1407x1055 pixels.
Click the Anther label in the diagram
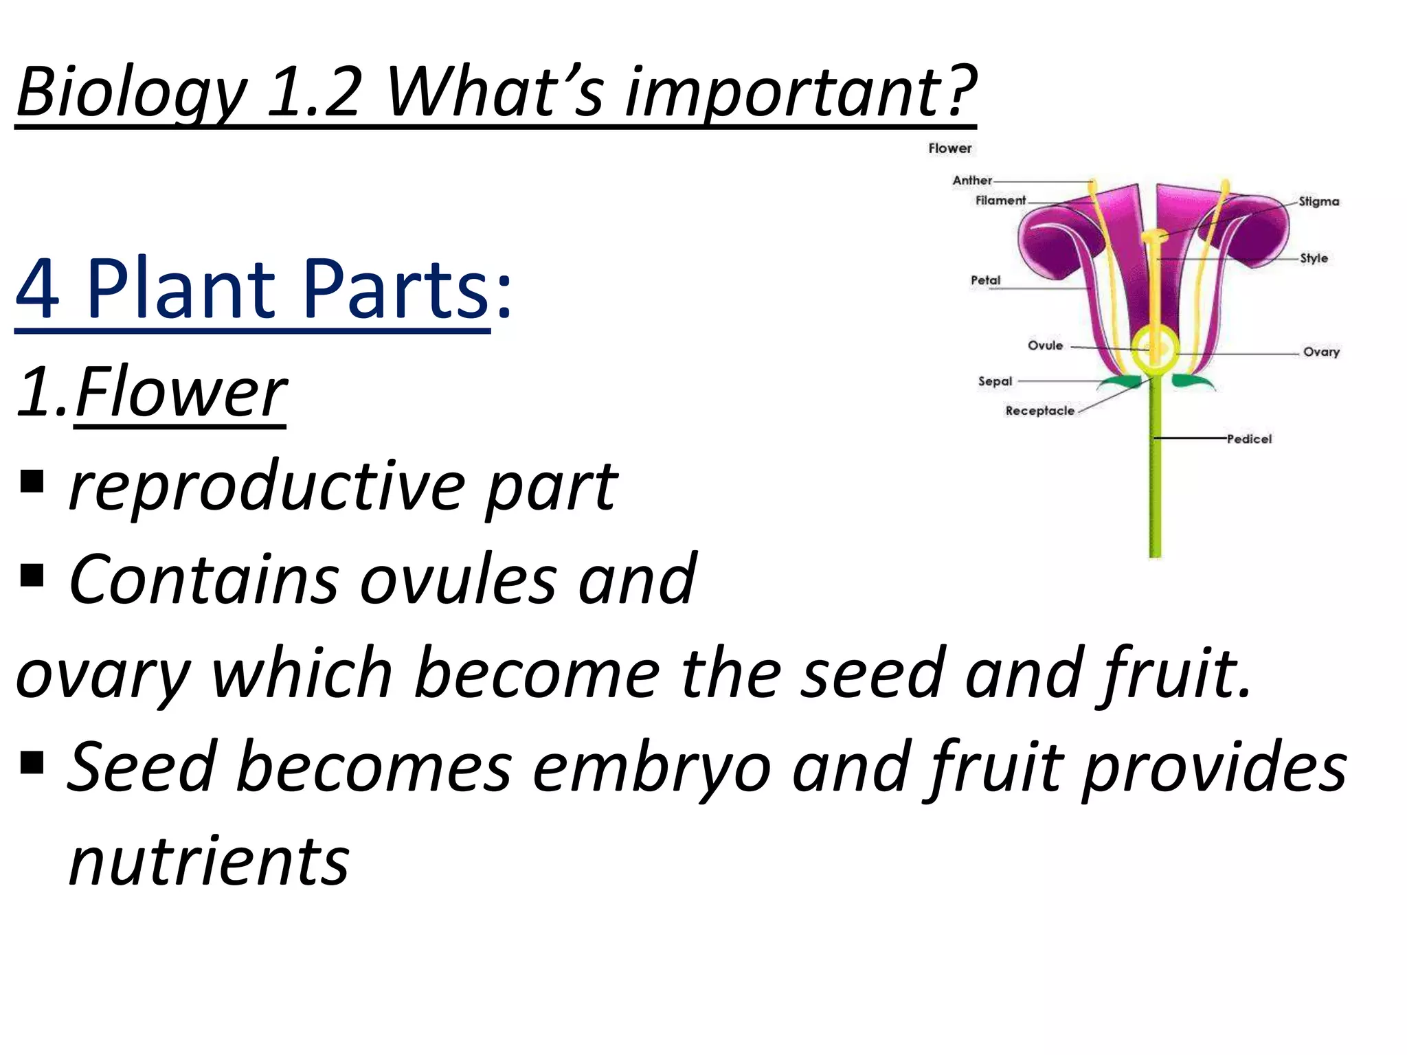[x=971, y=181]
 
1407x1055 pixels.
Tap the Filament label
[x=1000, y=201]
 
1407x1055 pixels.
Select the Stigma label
[x=1318, y=202]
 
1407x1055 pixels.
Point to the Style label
[x=1314, y=259]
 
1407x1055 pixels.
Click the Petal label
[x=985, y=280]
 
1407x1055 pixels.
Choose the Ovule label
[x=1045, y=345]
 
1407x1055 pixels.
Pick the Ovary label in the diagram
[x=1321, y=352]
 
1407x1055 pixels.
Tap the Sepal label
[x=995, y=381]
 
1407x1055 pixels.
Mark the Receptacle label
[x=1039, y=411]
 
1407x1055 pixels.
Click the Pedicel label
[x=1249, y=439]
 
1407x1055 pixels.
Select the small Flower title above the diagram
[x=949, y=148]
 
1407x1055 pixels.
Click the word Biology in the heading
[x=131, y=93]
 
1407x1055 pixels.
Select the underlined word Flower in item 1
[x=181, y=393]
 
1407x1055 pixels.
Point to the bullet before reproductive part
[x=32, y=482]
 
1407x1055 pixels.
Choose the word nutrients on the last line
[x=209, y=861]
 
